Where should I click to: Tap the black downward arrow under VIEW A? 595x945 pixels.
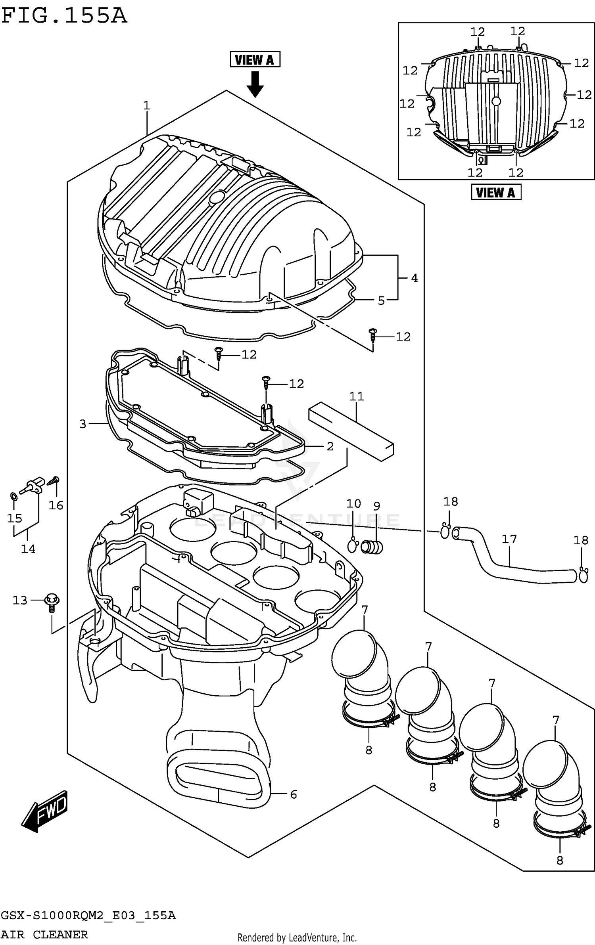tap(255, 84)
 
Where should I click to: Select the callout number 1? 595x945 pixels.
tap(146, 105)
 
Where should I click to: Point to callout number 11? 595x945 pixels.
tap(356, 396)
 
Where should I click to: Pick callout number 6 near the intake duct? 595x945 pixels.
tap(293, 794)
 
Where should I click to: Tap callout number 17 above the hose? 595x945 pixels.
tap(509, 539)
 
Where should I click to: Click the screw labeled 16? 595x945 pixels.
tap(54, 481)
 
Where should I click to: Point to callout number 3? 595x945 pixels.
tap(83, 424)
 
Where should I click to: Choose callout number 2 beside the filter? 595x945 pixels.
tap(330, 446)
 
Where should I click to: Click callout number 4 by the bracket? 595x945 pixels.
tap(414, 278)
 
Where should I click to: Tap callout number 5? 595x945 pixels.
tap(381, 300)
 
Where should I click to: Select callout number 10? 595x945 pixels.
tap(353, 504)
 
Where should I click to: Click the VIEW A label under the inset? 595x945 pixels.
tap(495, 193)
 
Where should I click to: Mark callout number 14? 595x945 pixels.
tap(28, 549)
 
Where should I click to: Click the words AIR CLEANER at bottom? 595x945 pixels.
tap(44, 935)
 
